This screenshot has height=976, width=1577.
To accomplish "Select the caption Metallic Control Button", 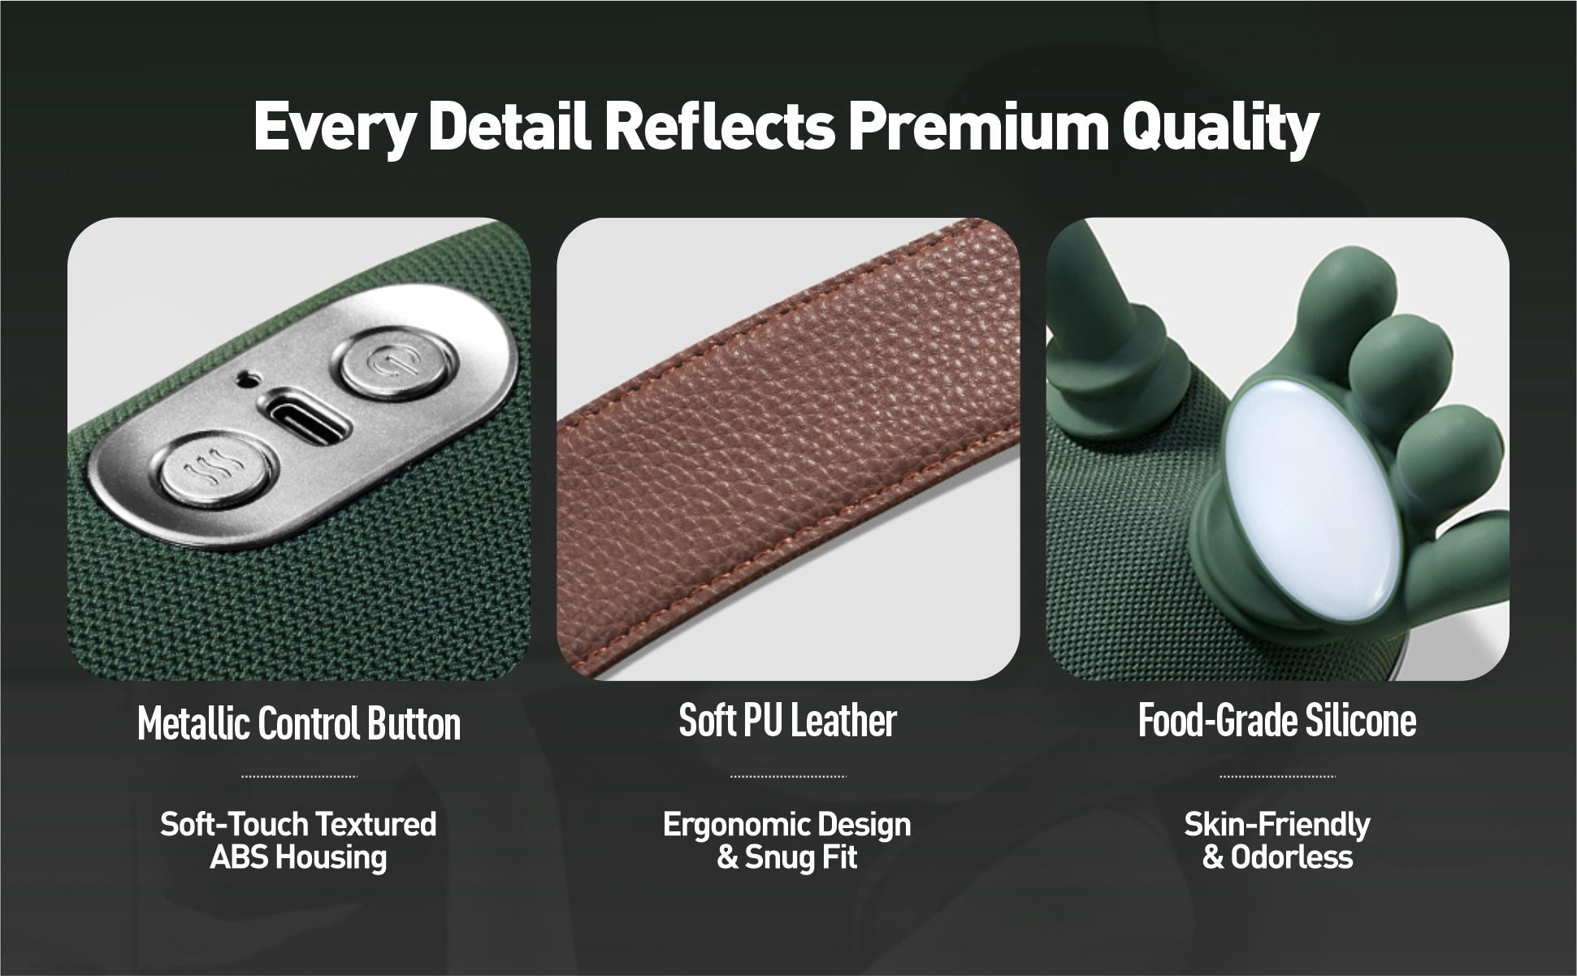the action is (299, 723).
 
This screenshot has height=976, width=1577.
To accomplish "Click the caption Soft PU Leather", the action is (787, 720).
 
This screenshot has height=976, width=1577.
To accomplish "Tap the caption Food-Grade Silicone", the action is (1277, 720).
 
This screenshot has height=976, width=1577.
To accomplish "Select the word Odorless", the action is (1292, 857).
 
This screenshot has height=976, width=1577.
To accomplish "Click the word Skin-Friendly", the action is (1277, 826).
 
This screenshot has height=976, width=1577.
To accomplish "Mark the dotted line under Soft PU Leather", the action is (788, 777).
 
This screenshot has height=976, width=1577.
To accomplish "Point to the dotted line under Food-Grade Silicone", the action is (1277, 777).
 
